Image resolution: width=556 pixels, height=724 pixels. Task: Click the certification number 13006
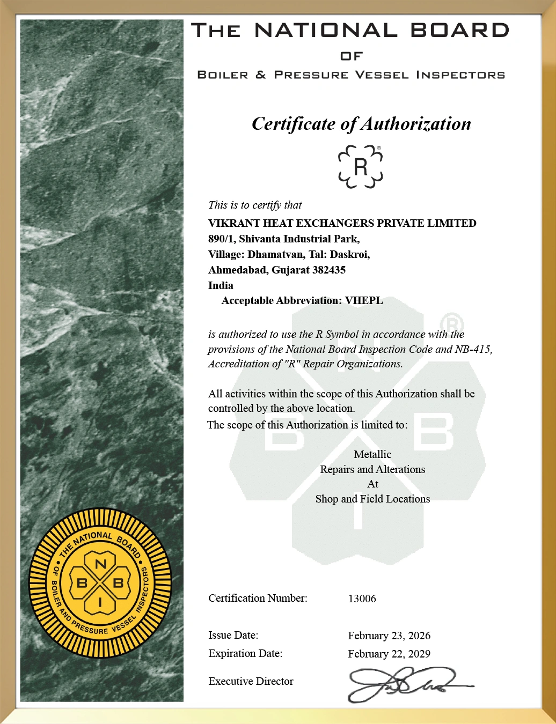click(362, 599)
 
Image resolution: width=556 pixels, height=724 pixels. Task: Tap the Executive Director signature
click(408, 684)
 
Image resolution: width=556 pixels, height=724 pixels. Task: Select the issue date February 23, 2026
click(389, 636)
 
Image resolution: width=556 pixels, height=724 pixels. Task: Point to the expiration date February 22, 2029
click(389, 654)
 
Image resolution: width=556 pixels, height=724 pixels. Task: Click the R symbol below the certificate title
click(361, 167)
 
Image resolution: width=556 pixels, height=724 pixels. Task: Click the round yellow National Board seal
click(100, 583)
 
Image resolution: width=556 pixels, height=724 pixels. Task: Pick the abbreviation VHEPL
click(364, 300)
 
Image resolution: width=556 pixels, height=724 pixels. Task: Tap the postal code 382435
click(329, 270)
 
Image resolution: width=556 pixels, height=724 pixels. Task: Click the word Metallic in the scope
click(372, 454)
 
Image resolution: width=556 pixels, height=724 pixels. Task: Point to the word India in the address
click(221, 285)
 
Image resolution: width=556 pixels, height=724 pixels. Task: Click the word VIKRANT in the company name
click(234, 223)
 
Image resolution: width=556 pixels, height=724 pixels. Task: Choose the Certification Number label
click(258, 598)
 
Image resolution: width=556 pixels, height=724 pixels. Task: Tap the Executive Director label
click(251, 681)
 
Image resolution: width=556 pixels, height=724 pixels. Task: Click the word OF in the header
click(352, 56)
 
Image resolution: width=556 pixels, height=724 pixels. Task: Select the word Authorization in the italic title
click(416, 124)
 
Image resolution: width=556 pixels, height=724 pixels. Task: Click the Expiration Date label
click(245, 653)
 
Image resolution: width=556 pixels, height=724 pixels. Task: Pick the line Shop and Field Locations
click(372, 499)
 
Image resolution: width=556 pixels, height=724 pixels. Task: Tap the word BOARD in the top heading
click(460, 30)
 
